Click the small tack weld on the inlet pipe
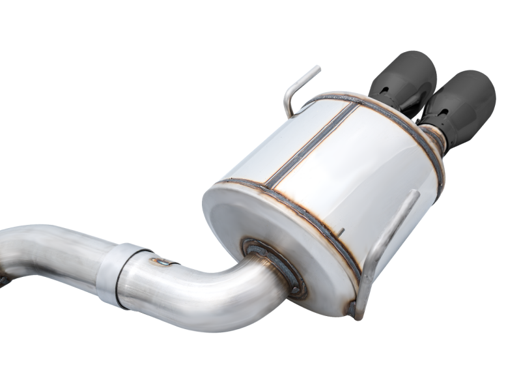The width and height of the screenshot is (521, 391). tap(162, 262)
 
